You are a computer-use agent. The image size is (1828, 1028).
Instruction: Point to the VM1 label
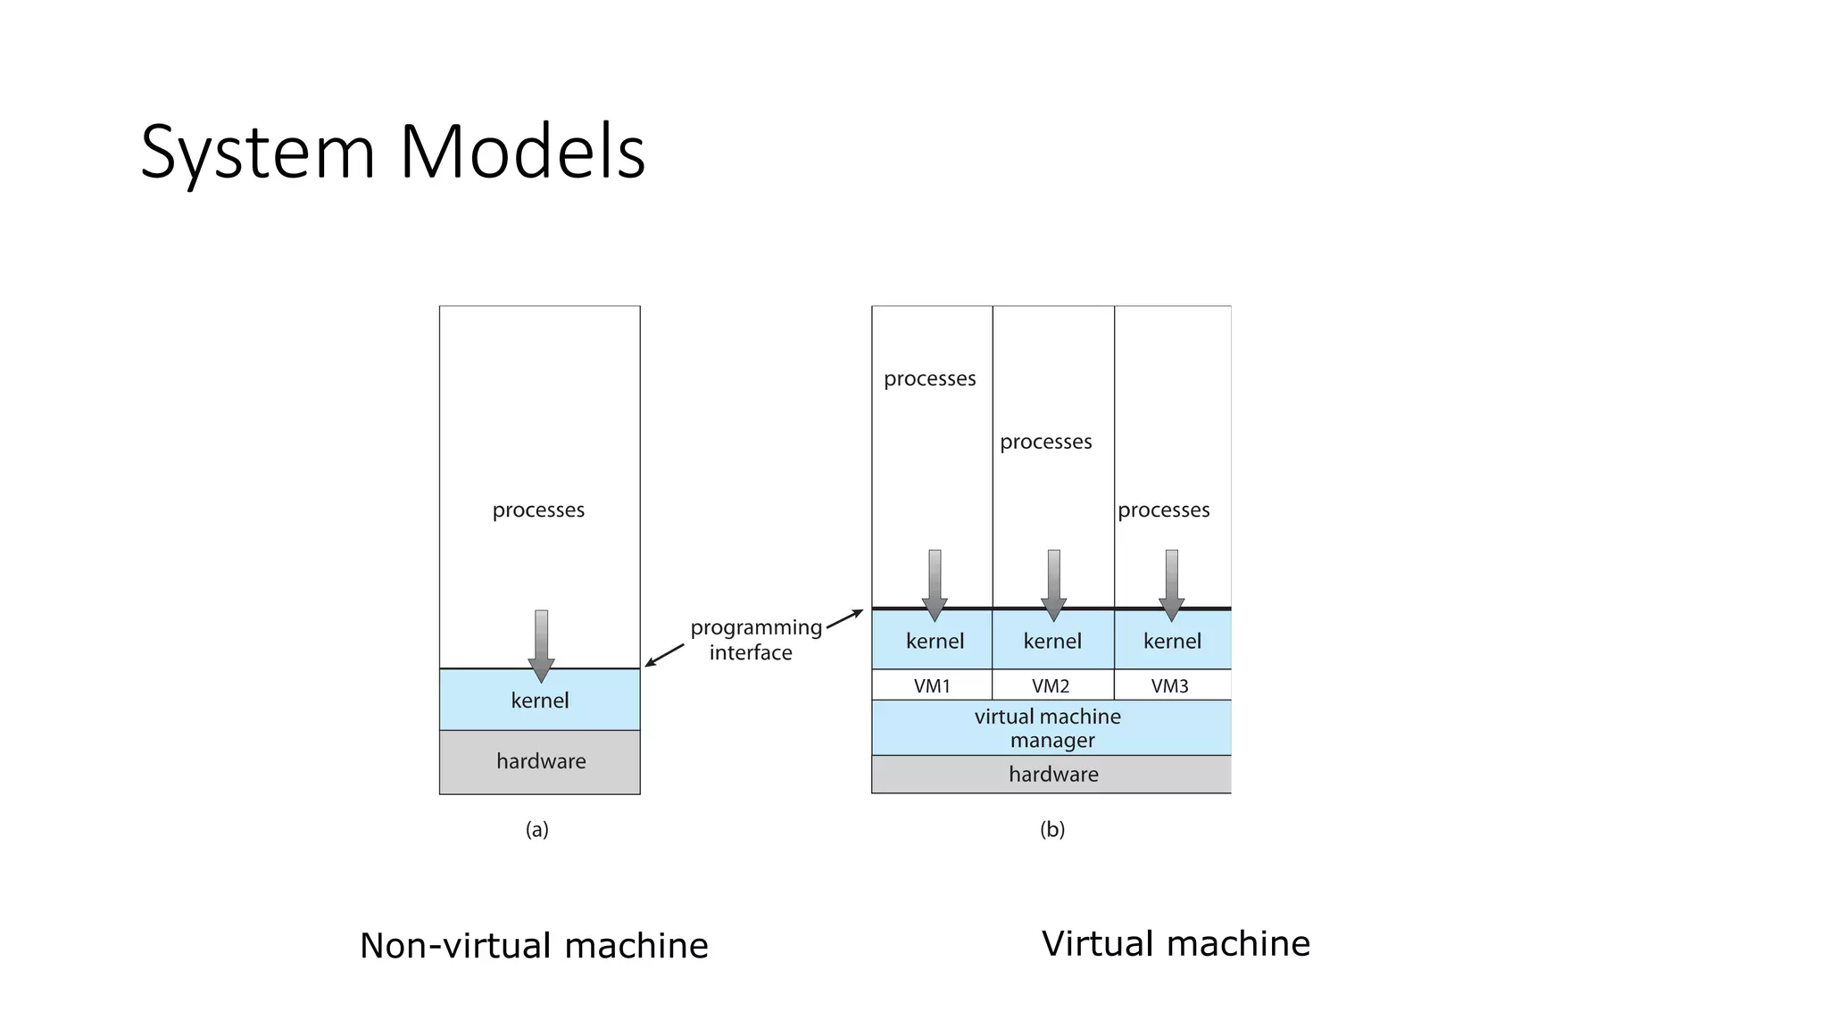[932, 686]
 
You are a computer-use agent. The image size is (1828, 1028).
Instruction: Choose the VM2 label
[1051, 686]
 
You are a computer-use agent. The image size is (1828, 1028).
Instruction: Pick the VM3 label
[1169, 686]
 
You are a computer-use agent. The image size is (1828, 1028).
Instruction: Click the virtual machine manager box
[1050, 728]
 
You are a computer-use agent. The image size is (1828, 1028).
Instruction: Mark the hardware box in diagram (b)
[1052, 775]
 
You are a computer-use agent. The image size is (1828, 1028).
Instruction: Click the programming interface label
[754, 640]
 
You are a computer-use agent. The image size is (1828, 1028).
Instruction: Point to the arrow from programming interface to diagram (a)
[664, 655]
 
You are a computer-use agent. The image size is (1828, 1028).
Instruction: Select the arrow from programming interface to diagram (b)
[844, 619]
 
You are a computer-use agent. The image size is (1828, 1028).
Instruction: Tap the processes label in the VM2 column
[1045, 442]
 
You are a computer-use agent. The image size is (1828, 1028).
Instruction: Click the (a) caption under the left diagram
[536, 830]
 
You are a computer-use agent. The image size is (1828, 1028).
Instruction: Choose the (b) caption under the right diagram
[1052, 830]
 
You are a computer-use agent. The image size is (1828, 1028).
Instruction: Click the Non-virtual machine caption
[534, 946]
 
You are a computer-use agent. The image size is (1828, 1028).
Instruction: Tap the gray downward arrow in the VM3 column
[1171, 585]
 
